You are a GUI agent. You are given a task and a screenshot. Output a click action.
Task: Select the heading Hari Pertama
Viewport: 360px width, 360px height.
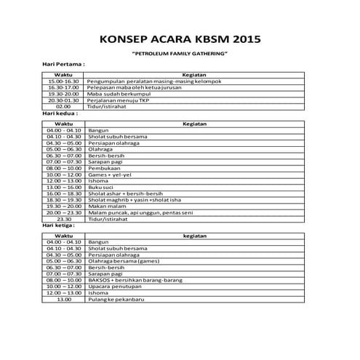[64, 65]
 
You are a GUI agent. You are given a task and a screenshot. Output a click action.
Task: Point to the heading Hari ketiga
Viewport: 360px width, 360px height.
[61, 225]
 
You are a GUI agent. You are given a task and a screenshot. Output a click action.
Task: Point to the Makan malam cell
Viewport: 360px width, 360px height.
[106, 207]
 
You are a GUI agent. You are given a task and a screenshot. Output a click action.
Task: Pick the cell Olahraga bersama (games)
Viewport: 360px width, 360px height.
[120, 260]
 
